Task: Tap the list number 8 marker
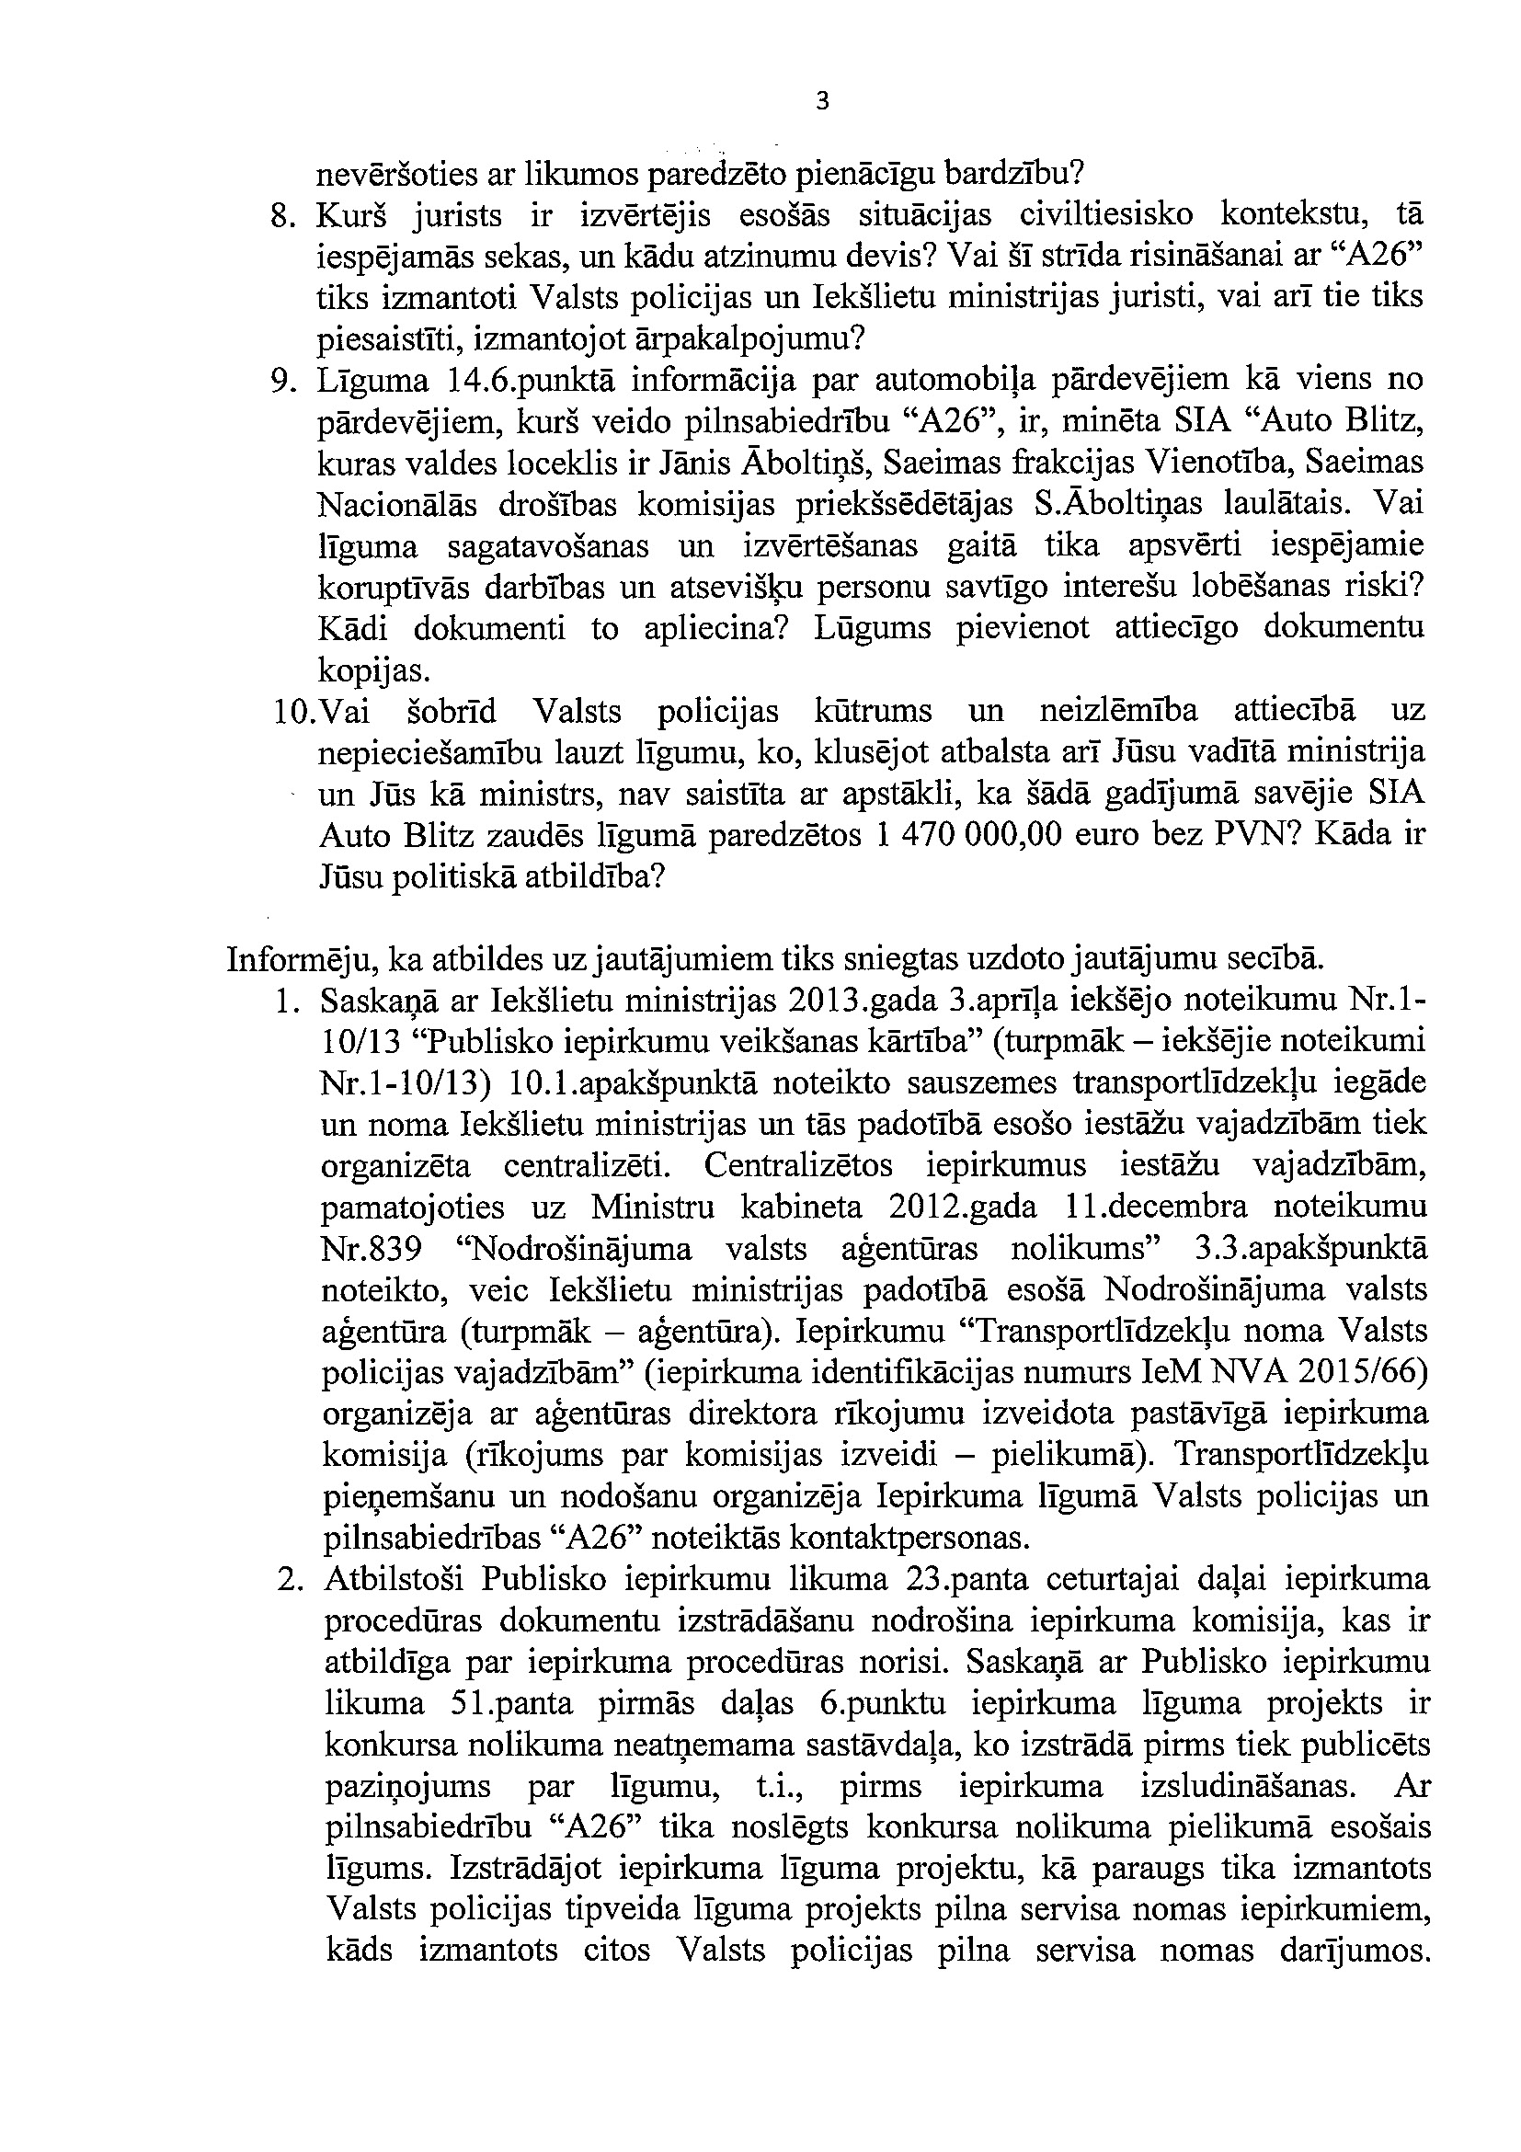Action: click(279, 216)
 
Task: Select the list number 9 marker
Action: click(279, 381)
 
